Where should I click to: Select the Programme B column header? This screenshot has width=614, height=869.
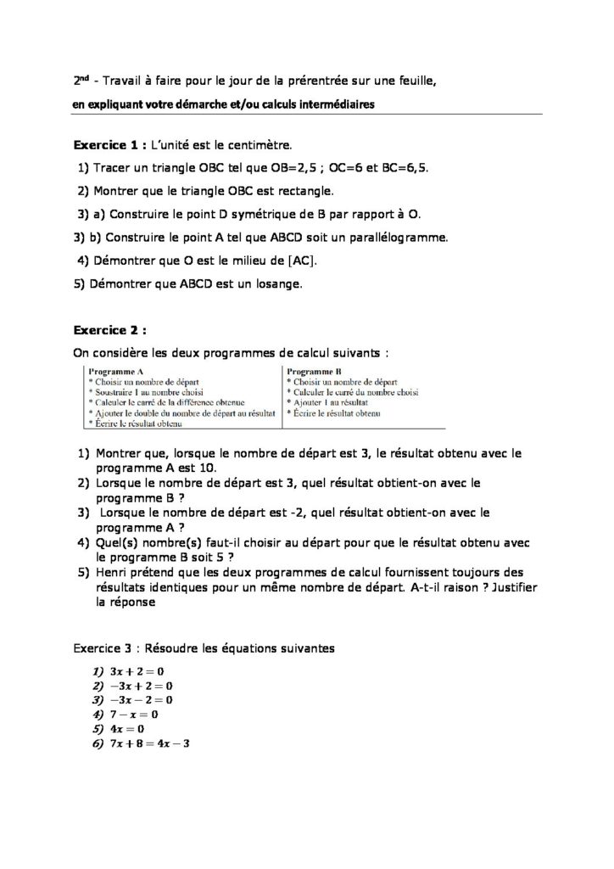click(x=315, y=372)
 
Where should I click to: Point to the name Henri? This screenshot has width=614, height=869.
click(x=114, y=572)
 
